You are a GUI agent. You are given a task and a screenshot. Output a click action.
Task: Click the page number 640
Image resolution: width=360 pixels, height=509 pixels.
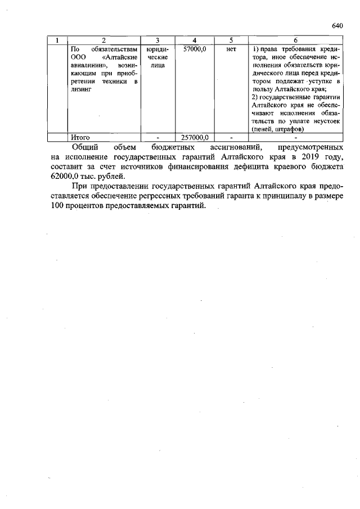tap(337, 26)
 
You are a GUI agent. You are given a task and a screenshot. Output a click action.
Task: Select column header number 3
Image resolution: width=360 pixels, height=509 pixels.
tap(157, 40)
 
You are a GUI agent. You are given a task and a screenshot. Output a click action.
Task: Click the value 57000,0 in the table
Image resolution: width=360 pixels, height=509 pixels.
tap(194, 49)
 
